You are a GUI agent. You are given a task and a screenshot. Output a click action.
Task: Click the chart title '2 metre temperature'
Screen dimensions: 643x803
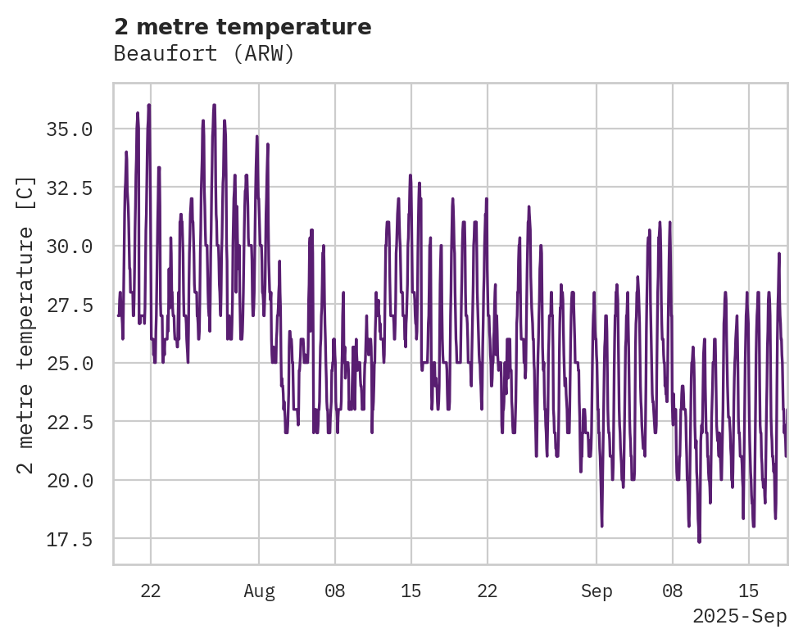[x=243, y=27]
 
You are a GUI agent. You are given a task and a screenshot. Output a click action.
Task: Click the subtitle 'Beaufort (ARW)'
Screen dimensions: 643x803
[x=204, y=54]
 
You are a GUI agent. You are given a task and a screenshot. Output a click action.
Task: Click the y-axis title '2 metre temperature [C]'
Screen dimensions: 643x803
[x=26, y=324]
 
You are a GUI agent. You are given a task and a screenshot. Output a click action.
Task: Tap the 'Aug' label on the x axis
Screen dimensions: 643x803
[x=259, y=592]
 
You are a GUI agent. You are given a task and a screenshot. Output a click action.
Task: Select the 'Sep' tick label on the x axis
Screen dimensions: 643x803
[x=597, y=592]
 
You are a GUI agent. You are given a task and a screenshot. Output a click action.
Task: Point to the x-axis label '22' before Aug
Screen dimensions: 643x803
[x=151, y=592]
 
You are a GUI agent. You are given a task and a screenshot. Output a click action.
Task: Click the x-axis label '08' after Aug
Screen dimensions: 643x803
[x=335, y=592]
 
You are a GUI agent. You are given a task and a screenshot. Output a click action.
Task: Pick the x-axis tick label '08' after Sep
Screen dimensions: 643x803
[x=673, y=592]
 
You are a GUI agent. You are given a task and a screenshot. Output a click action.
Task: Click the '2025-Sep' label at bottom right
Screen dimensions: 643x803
[x=739, y=616]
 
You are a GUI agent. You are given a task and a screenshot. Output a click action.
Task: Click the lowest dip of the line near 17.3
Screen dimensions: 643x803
[x=699, y=541]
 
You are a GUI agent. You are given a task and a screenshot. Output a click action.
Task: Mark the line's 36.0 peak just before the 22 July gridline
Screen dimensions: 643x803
[x=149, y=105]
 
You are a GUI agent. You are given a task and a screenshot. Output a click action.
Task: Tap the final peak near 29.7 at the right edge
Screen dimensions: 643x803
[x=779, y=253]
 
